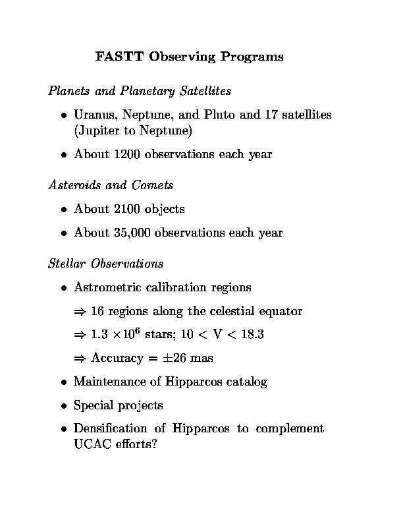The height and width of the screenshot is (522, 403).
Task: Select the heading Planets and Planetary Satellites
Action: [x=140, y=90]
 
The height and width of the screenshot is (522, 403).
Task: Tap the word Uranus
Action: [x=94, y=115]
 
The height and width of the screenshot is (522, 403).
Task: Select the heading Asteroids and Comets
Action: [x=111, y=185]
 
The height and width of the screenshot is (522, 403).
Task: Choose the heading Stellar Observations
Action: [x=105, y=264]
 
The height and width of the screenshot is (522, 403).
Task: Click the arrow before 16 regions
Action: [x=80, y=311]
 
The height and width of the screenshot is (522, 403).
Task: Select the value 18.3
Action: [x=251, y=335]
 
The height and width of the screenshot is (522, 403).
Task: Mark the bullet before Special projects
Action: [x=64, y=406]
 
